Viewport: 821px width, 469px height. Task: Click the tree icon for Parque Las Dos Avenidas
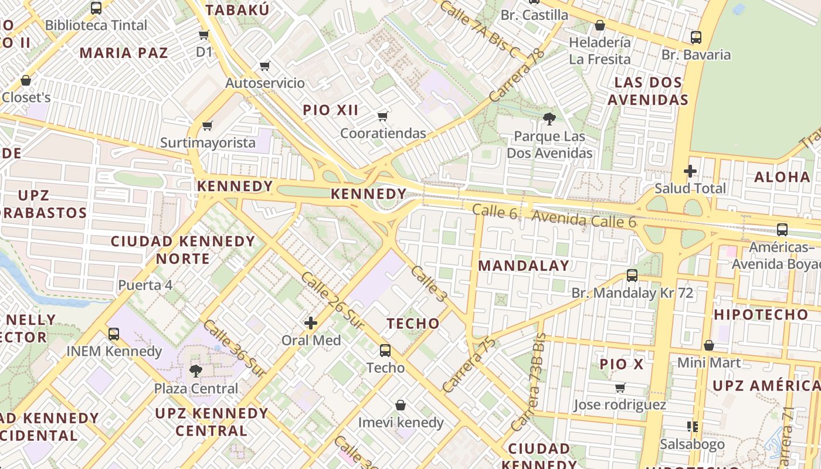click(x=549, y=119)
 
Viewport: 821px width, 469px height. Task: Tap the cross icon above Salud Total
click(x=690, y=171)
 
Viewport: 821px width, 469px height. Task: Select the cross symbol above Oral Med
click(x=311, y=322)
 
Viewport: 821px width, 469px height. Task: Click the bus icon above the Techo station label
click(x=385, y=350)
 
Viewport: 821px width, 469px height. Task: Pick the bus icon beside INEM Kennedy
click(x=114, y=334)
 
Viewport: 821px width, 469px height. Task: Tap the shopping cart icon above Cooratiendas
click(x=383, y=116)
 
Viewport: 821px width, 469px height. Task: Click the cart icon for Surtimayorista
click(x=207, y=125)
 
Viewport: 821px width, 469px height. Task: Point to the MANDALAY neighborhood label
click(x=524, y=266)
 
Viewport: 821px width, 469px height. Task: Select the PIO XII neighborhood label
click(x=331, y=110)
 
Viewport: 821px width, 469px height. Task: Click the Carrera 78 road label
click(x=517, y=76)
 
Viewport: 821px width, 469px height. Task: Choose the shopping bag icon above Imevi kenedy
click(x=401, y=405)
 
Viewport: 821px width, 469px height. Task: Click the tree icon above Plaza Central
click(x=195, y=371)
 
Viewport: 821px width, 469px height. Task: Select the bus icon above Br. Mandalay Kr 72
click(x=632, y=275)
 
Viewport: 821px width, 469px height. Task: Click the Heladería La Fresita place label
click(x=600, y=50)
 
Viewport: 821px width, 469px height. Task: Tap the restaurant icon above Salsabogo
click(x=692, y=426)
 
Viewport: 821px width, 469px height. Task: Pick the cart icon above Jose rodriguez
click(x=620, y=388)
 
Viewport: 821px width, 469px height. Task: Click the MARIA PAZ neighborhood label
click(x=124, y=53)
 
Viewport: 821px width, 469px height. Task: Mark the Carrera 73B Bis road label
click(x=529, y=382)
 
